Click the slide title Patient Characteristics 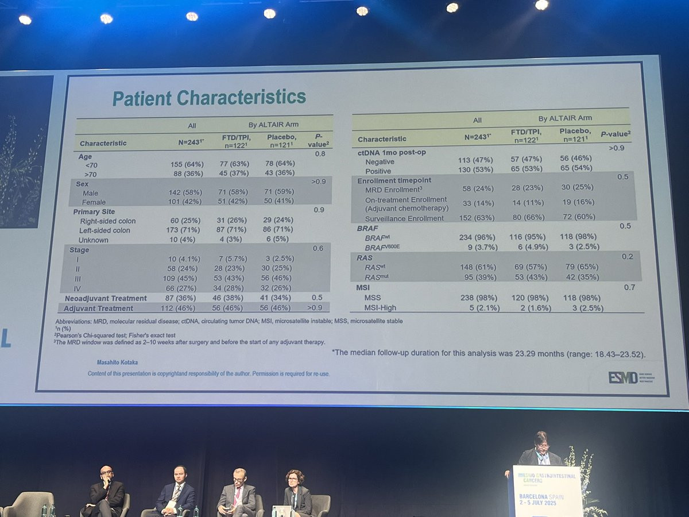click(x=209, y=98)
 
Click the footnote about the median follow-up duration click(x=489, y=353)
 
